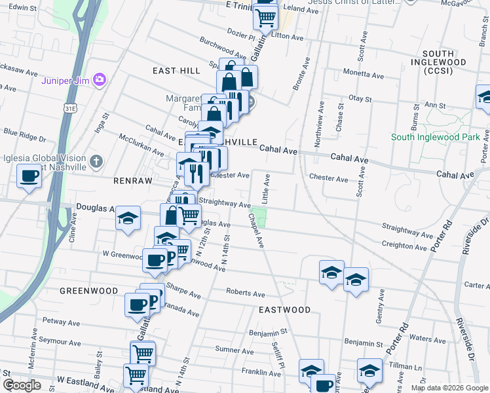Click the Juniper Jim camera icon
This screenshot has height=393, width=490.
tap(100, 80)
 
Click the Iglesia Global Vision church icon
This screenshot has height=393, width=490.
tap(96, 160)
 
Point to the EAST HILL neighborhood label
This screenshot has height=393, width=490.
tap(176, 70)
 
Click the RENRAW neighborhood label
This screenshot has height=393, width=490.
tap(132, 180)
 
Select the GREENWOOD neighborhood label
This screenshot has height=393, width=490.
tap(88, 290)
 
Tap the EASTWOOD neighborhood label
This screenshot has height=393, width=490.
tap(284, 309)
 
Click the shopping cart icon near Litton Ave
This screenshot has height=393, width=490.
tap(265, 18)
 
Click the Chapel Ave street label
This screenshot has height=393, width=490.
tap(255, 229)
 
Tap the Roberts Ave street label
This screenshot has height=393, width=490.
tap(245, 293)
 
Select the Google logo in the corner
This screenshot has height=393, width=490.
tap(22, 385)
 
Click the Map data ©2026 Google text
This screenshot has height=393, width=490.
tap(449, 388)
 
